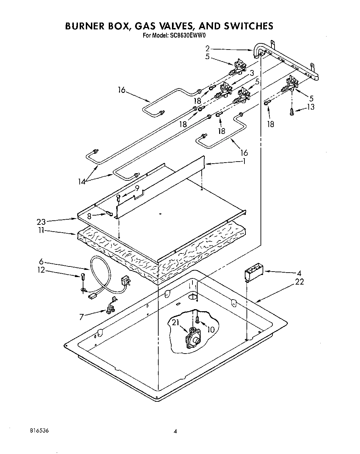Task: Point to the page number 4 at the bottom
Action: (175, 431)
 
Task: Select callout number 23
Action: (41, 222)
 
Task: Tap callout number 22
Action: (299, 282)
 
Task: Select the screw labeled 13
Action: (291, 112)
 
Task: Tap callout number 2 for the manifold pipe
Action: (208, 48)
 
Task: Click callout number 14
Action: (81, 182)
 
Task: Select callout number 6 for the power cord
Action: (41, 261)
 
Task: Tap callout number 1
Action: (244, 161)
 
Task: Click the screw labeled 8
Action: (110, 213)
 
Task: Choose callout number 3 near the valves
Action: (251, 73)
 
